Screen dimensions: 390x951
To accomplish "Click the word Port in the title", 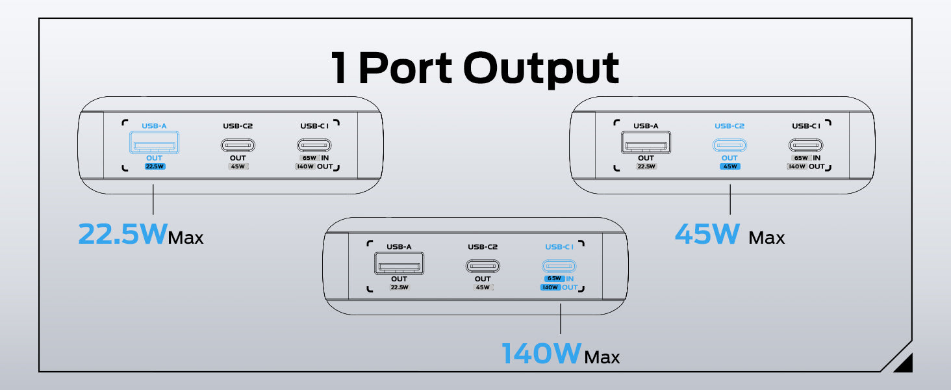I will (404, 68).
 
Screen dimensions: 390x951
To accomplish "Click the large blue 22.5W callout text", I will (122, 233).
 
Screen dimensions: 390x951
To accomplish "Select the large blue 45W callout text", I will (708, 233).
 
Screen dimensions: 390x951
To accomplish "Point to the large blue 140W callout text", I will (541, 354).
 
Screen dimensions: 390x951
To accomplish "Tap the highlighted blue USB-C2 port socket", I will (729, 145).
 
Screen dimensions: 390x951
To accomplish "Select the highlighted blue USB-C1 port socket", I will (559, 266).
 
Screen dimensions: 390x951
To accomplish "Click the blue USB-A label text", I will (153, 126).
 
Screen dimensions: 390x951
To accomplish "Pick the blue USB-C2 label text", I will (729, 126).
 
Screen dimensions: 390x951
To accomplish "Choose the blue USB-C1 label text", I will (559, 247).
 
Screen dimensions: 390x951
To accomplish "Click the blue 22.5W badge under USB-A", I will (153, 166).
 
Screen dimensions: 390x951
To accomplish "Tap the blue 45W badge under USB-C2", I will (729, 166).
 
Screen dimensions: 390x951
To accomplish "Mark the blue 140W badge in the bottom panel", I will (550, 287).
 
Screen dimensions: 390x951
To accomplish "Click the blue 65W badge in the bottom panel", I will (553, 279).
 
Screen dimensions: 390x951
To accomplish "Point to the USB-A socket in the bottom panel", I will (399, 264).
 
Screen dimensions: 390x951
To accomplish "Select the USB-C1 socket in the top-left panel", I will (314, 145).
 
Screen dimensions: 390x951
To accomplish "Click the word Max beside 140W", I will (602, 357).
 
